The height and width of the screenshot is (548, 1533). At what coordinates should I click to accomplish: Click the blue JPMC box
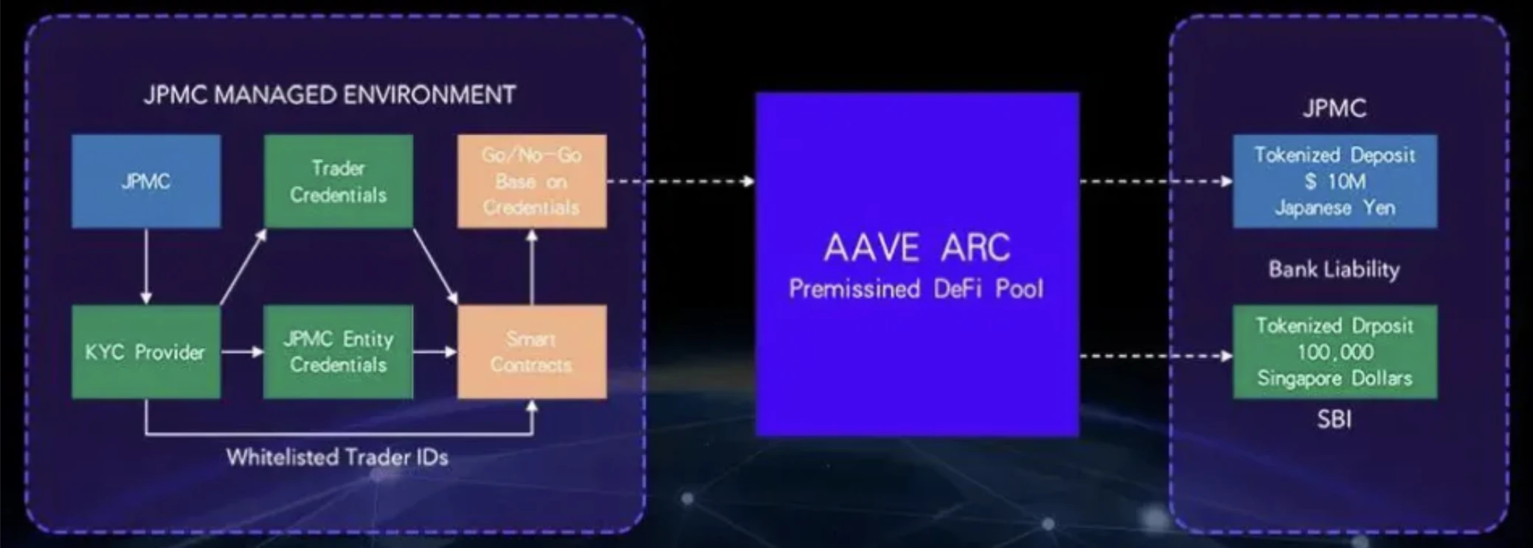click(145, 181)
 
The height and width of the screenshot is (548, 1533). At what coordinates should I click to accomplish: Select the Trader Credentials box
click(338, 181)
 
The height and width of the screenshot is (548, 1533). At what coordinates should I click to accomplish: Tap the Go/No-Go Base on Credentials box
click(531, 181)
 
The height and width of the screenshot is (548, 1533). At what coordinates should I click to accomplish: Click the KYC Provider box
click(145, 352)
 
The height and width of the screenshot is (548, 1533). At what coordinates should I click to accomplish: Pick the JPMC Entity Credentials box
click(338, 352)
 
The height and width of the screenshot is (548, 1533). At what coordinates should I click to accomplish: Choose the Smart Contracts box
click(531, 352)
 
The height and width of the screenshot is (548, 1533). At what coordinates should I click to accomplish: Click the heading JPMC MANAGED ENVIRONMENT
click(330, 95)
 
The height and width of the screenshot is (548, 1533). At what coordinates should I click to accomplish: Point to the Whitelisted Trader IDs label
click(337, 457)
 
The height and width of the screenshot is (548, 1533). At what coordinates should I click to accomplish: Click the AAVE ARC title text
click(916, 247)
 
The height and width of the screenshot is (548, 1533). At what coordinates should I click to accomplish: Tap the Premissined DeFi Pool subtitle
click(916, 288)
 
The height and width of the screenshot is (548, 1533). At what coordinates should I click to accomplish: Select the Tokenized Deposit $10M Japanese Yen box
click(1335, 181)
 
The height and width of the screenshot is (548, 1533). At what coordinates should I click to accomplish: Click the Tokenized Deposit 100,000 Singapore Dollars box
click(1335, 352)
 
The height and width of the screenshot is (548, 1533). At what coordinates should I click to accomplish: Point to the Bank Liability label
click(1334, 269)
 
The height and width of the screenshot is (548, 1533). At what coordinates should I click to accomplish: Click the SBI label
click(1334, 419)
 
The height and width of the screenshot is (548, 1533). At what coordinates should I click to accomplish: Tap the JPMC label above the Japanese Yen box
click(1334, 109)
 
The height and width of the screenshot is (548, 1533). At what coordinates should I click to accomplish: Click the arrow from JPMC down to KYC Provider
click(146, 266)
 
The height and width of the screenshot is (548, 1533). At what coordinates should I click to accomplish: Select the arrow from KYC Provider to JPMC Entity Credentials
click(242, 352)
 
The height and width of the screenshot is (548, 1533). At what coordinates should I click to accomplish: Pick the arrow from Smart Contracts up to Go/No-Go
click(531, 266)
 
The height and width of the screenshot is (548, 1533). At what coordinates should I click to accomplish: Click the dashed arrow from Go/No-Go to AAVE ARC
click(680, 181)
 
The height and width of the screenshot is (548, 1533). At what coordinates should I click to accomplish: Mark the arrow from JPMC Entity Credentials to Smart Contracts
click(435, 352)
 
